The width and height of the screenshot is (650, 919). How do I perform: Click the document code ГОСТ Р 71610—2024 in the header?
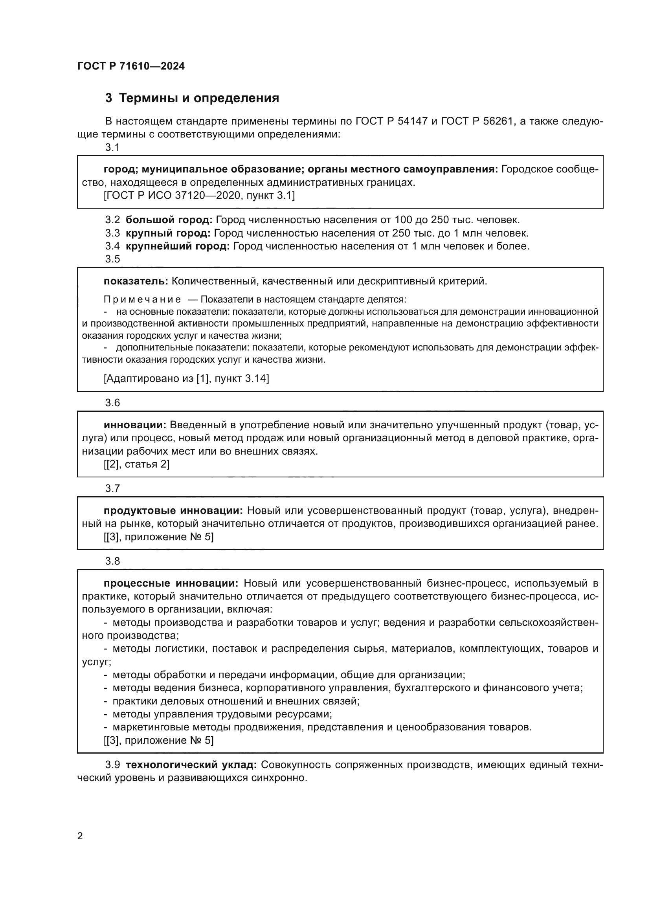coord(131,66)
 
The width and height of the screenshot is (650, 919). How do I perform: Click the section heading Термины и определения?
coord(199,98)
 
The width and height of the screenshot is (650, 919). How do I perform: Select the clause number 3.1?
coord(112,147)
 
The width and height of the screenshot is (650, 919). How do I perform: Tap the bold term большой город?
coord(169,220)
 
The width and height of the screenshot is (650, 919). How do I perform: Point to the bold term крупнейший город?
coord(177,246)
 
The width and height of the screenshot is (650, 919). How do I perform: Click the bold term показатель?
coord(136,281)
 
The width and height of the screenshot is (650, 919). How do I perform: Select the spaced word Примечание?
coord(142,299)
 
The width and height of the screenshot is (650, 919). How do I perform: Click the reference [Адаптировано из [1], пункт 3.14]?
coord(186,378)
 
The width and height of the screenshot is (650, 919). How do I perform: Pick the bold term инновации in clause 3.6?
coord(134,425)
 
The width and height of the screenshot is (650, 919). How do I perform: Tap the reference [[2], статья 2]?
coord(136,464)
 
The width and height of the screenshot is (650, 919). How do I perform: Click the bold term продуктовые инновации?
coord(173,511)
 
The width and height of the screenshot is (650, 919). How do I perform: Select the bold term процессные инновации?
coord(171,583)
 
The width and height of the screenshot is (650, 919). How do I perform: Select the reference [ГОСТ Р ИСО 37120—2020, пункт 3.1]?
coord(199,196)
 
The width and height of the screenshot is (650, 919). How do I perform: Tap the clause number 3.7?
coord(112,488)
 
